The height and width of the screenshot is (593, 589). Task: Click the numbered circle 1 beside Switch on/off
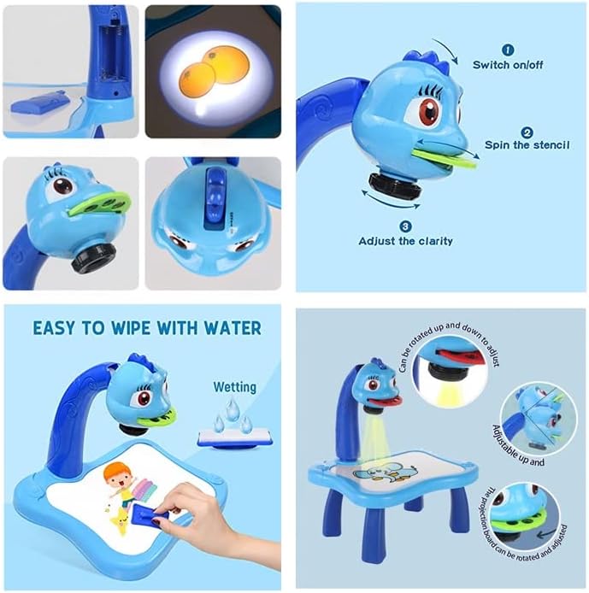(507, 50)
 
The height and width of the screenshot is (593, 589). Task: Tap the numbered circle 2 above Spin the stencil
(527, 132)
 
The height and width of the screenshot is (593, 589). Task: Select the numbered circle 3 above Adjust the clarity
(405, 226)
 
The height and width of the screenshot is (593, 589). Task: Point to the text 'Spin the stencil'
(527, 145)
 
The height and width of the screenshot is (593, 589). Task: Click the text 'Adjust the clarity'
(406, 241)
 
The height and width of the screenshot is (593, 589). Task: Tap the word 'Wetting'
(235, 387)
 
